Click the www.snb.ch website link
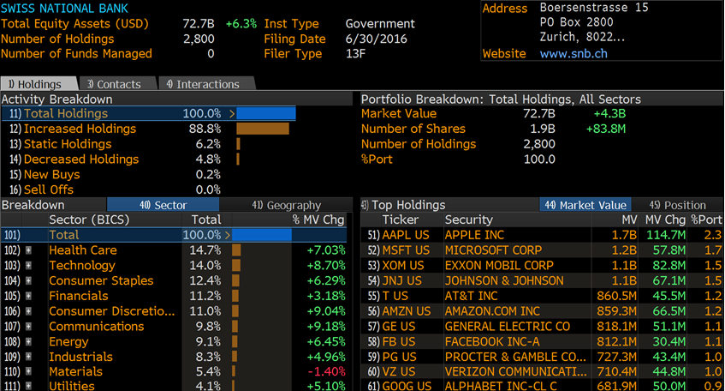point(573,54)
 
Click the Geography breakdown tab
point(286,205)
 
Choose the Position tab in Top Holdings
point(677,205)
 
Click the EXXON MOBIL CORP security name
point(499,266)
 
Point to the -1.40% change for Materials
point(326,371)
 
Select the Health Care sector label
point(83,250)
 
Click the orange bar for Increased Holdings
point(263,129)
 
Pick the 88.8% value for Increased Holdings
point(205,129)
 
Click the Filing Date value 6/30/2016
point(377,39)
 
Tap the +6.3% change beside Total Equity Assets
point(241,24)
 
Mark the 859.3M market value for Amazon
point(616,311)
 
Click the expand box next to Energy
point(28,342)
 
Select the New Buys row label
point(51,175)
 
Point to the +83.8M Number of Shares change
point(606,129)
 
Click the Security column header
point(469,220)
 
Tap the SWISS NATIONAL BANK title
point(64,9)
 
